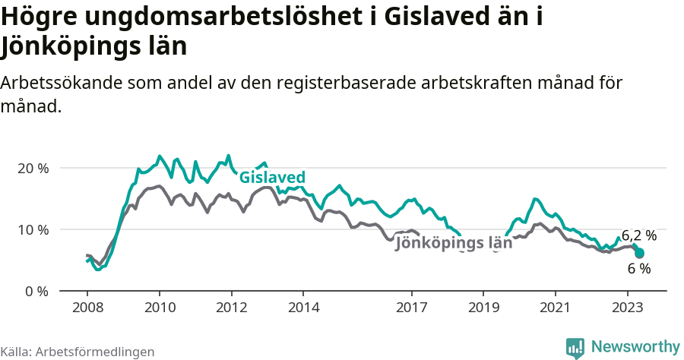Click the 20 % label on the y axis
(x=32, y=168)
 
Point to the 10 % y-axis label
(x=32, y=229)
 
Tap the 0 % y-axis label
(x=35, y=291)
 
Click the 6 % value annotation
(x=639, y=268)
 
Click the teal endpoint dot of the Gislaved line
(x=639, y=254)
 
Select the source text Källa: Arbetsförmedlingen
(x=78, y=352)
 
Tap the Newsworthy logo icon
(x=575, y=347)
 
